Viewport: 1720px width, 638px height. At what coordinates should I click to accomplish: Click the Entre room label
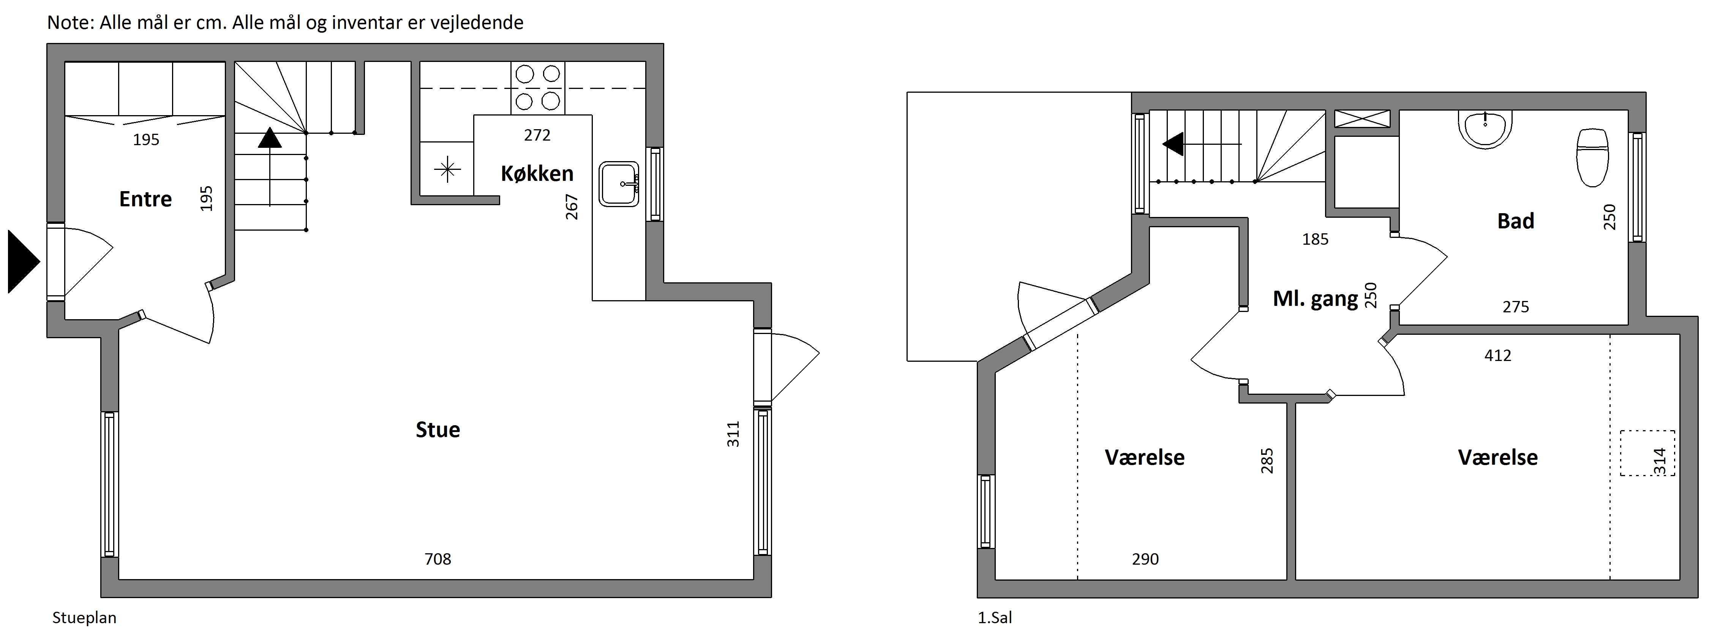(145, 199)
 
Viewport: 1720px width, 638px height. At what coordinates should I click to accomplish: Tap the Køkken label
(537, 174)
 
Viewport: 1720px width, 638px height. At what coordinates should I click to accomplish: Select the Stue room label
(438, 429)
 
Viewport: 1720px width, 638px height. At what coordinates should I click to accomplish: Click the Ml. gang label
(1316, 299)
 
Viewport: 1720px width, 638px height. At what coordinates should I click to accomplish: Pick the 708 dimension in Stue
(438, 559)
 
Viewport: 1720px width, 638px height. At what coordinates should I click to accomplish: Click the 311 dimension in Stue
(733, 434)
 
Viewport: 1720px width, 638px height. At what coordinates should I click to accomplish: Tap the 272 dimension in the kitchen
(537, 136)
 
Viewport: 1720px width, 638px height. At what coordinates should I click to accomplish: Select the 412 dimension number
(1498, 355)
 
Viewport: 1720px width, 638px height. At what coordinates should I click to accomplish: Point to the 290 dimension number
(1145, 559)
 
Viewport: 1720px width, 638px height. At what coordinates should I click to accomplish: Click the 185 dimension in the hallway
(1316, 239)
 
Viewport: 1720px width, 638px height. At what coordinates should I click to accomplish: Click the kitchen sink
(620, 184)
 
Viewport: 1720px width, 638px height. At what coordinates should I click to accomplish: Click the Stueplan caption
(84, 618)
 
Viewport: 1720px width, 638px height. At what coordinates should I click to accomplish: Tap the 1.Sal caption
(995, 618)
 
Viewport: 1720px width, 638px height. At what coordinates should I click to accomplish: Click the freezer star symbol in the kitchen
(447, 170)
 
